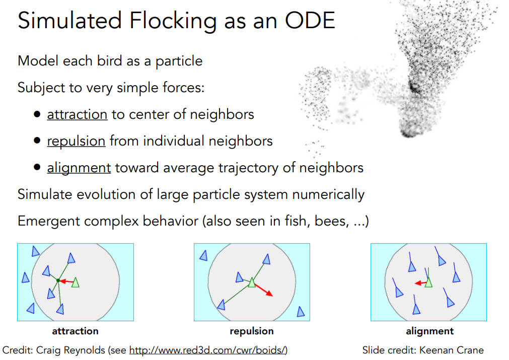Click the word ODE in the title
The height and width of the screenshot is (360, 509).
[x=310, y=21]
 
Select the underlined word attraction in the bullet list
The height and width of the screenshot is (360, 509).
[x=77, y=114]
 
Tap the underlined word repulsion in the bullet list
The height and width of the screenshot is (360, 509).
[x=77, y=141]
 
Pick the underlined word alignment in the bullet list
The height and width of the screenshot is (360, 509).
[x=79, y=168]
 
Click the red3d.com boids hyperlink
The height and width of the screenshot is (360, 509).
[x=208, y=350]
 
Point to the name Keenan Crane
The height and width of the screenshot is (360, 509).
[x=452, y=350]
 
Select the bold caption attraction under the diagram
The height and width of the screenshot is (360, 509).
[x=76, y=331]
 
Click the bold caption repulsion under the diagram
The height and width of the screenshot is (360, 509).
[x=252, y=331]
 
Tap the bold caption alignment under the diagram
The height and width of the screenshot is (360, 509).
[x=430, y=331]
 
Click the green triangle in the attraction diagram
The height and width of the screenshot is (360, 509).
[x=76, y=282]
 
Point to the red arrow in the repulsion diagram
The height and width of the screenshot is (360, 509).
[x=264, y=290]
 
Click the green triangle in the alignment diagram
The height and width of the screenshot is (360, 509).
[x=428, y=282]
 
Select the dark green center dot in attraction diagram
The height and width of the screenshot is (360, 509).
[x=58, y=280]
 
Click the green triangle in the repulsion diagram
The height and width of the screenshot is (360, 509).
[x=252, y=282]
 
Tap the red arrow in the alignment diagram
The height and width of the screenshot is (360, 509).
[x=421, y=283]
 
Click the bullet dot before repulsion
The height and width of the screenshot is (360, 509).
[x=37, y=140]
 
